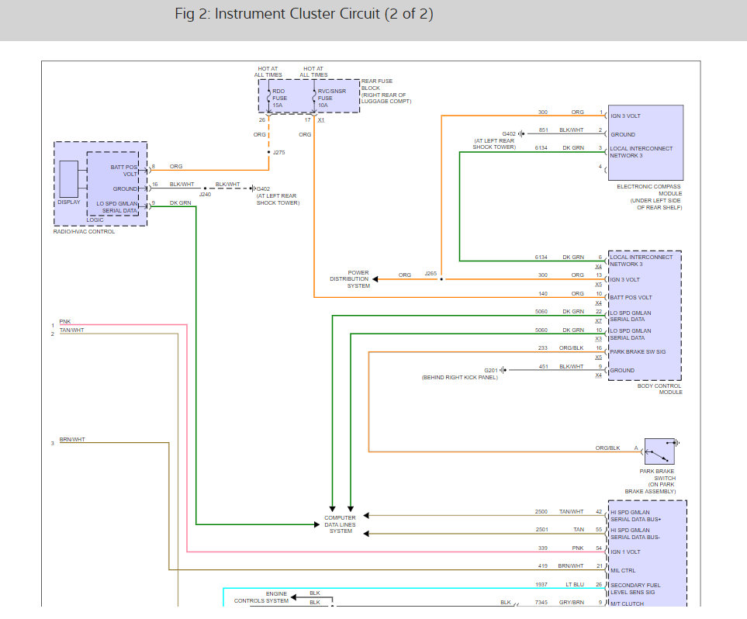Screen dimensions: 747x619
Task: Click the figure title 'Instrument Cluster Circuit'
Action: tap(297, 14)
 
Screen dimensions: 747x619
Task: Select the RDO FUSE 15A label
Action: tap(280, 99)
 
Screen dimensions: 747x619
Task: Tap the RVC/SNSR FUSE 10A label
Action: tap(331, 99)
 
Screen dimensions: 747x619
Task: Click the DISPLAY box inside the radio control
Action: tap(68, 179)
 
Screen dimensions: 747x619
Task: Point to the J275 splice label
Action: tap(278, 153)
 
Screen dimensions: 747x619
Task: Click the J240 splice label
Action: tap(205, 195)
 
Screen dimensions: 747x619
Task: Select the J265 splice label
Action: tap(431, 274)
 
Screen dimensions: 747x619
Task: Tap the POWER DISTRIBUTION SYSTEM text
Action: tap(350, 279)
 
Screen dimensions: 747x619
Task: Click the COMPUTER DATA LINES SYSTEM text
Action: tap(341, 524)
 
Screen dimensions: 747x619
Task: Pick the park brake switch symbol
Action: tap(659, 451)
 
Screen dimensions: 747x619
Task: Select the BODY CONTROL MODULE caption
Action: tap(660, 389)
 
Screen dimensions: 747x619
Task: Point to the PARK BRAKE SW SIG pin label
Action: tap(638, 351)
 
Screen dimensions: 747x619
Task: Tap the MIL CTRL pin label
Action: tap(623, 570)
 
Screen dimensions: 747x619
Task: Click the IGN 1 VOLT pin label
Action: tap(625, 552)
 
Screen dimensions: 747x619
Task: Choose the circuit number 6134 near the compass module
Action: tap(541, 147)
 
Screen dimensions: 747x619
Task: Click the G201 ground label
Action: tap(491, 370)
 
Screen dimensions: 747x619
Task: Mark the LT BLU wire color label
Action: tap(575, 584)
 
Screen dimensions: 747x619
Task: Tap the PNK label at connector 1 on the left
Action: tap(65, 322)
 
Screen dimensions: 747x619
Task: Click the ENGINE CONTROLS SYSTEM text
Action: tap(261, 597)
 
